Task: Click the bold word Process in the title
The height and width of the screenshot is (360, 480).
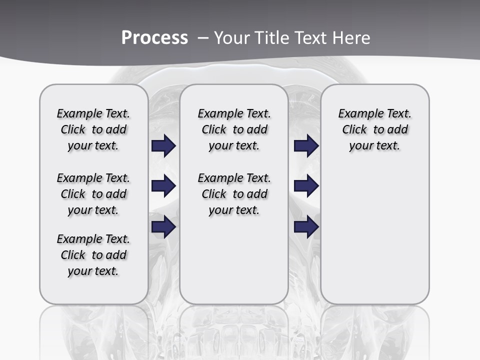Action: coord(154,38)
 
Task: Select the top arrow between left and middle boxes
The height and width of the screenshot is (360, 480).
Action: coord(163,146)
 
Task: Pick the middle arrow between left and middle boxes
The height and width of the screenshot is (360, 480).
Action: coord(163,186)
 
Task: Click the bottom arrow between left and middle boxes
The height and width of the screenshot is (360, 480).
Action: coord(163,226)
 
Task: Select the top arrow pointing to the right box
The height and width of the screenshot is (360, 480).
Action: coord(306,146)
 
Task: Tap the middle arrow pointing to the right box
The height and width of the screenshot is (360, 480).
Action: coord(306,186)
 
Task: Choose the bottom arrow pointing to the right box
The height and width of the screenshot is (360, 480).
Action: coord(306,226)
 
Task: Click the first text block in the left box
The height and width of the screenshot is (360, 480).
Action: coord(93,129)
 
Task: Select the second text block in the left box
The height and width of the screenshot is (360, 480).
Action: coord(93,194)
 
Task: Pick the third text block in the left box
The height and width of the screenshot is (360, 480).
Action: coord(93,255)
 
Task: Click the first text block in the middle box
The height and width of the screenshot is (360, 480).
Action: coord(234,129)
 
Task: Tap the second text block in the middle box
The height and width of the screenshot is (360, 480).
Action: coord(234,194)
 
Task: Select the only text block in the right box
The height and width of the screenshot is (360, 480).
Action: coord(374,129)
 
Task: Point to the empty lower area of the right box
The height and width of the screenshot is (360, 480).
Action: coord(374,235)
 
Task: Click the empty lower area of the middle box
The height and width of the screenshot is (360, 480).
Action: coord(234,260)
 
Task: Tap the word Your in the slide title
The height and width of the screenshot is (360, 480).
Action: coord(230,38)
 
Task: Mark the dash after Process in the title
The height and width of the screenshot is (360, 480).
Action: coord(203,38)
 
